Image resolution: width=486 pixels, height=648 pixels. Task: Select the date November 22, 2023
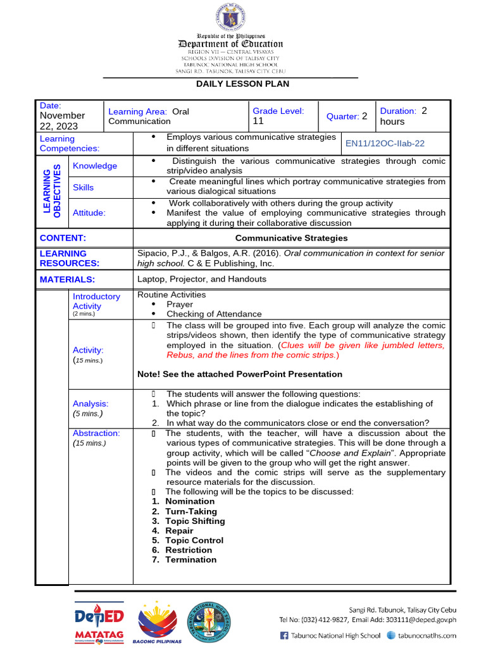62,120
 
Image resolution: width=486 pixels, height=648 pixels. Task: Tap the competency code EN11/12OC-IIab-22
385,144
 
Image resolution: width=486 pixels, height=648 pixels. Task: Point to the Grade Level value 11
258,121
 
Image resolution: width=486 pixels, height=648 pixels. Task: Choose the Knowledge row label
95,166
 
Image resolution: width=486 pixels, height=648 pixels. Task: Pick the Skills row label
83,187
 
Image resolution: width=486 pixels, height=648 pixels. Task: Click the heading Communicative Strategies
291,238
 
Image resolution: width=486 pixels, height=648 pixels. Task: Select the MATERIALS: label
67,279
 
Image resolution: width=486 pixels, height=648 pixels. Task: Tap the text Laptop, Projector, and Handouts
202,279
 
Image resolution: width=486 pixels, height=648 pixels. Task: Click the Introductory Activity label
96,301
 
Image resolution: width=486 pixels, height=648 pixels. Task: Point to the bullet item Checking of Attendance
214,314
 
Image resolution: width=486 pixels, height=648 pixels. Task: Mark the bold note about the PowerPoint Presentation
240,374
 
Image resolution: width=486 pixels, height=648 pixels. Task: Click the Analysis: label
90,404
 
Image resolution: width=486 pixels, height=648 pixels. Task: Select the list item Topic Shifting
195,521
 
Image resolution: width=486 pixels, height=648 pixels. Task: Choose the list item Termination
190,559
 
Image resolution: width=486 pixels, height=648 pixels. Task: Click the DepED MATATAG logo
99,621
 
